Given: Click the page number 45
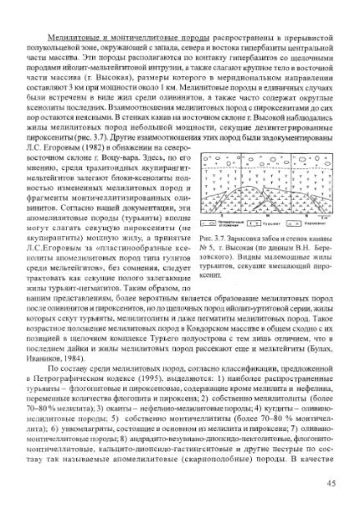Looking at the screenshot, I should coord(330,481).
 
